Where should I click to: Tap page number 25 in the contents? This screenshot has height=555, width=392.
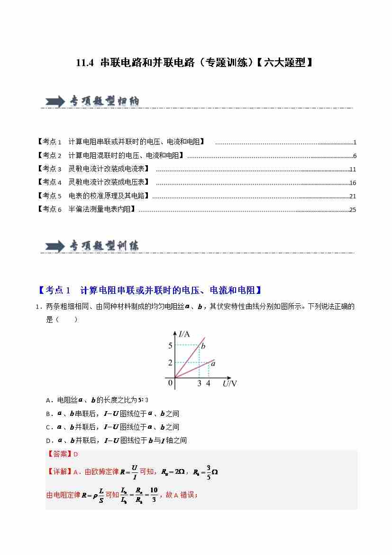(352, 209)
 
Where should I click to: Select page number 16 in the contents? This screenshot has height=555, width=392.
(352, 183)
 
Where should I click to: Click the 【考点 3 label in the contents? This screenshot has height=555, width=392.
(49, 169)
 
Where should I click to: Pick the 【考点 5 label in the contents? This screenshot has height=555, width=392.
(49, 196)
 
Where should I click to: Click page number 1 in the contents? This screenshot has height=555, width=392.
(355, 142)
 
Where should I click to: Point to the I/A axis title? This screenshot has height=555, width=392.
(184, 334)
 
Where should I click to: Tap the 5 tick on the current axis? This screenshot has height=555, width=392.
(170, 346)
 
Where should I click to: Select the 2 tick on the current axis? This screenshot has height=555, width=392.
(170, 363)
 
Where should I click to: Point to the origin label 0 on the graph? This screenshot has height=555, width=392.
(170, 383)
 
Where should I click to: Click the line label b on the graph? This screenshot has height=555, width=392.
(203, 347)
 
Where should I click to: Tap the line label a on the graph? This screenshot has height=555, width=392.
(213, 364)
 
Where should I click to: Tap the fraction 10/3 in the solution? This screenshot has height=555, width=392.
(154, 495)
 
